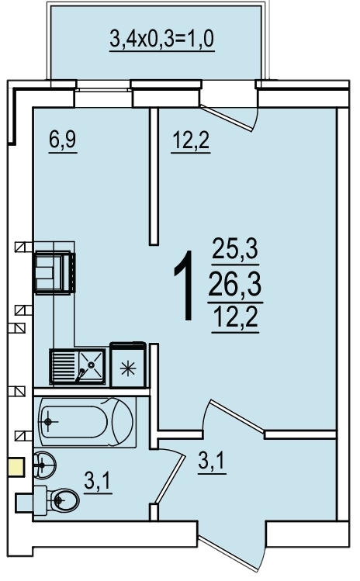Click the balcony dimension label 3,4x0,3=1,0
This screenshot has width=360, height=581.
pos(161,39)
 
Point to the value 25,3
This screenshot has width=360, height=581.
pos(234,252)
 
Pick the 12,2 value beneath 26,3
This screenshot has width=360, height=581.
pos(234,318)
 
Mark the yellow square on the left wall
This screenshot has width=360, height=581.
pos(16,468)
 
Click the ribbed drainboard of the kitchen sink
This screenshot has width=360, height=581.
pos(63,364)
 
